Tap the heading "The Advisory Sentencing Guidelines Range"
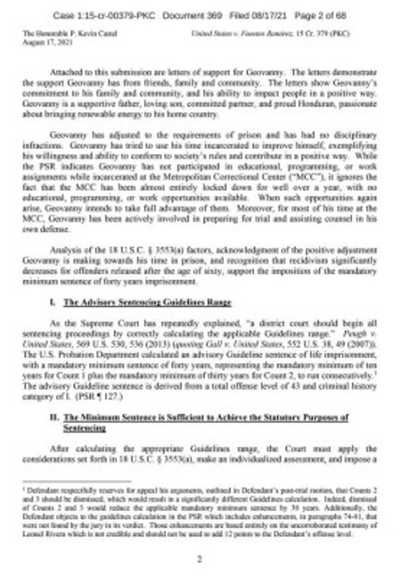(147, 301)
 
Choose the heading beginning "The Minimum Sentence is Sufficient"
(206, 417)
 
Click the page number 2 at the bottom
(200, 558)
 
